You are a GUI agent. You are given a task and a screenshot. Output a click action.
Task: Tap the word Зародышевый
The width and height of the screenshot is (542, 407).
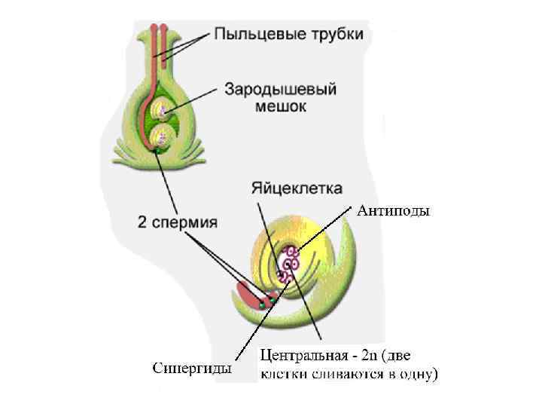click(280, 89)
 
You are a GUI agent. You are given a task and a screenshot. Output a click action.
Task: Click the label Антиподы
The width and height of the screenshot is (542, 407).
click(392, 211)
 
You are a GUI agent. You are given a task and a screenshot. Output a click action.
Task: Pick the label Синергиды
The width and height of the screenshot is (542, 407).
click(191, 369)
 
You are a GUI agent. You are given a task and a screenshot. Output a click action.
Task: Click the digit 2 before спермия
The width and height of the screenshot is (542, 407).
click(142, 222)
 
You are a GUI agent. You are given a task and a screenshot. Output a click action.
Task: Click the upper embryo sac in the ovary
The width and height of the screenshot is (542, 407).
click(160, 112)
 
